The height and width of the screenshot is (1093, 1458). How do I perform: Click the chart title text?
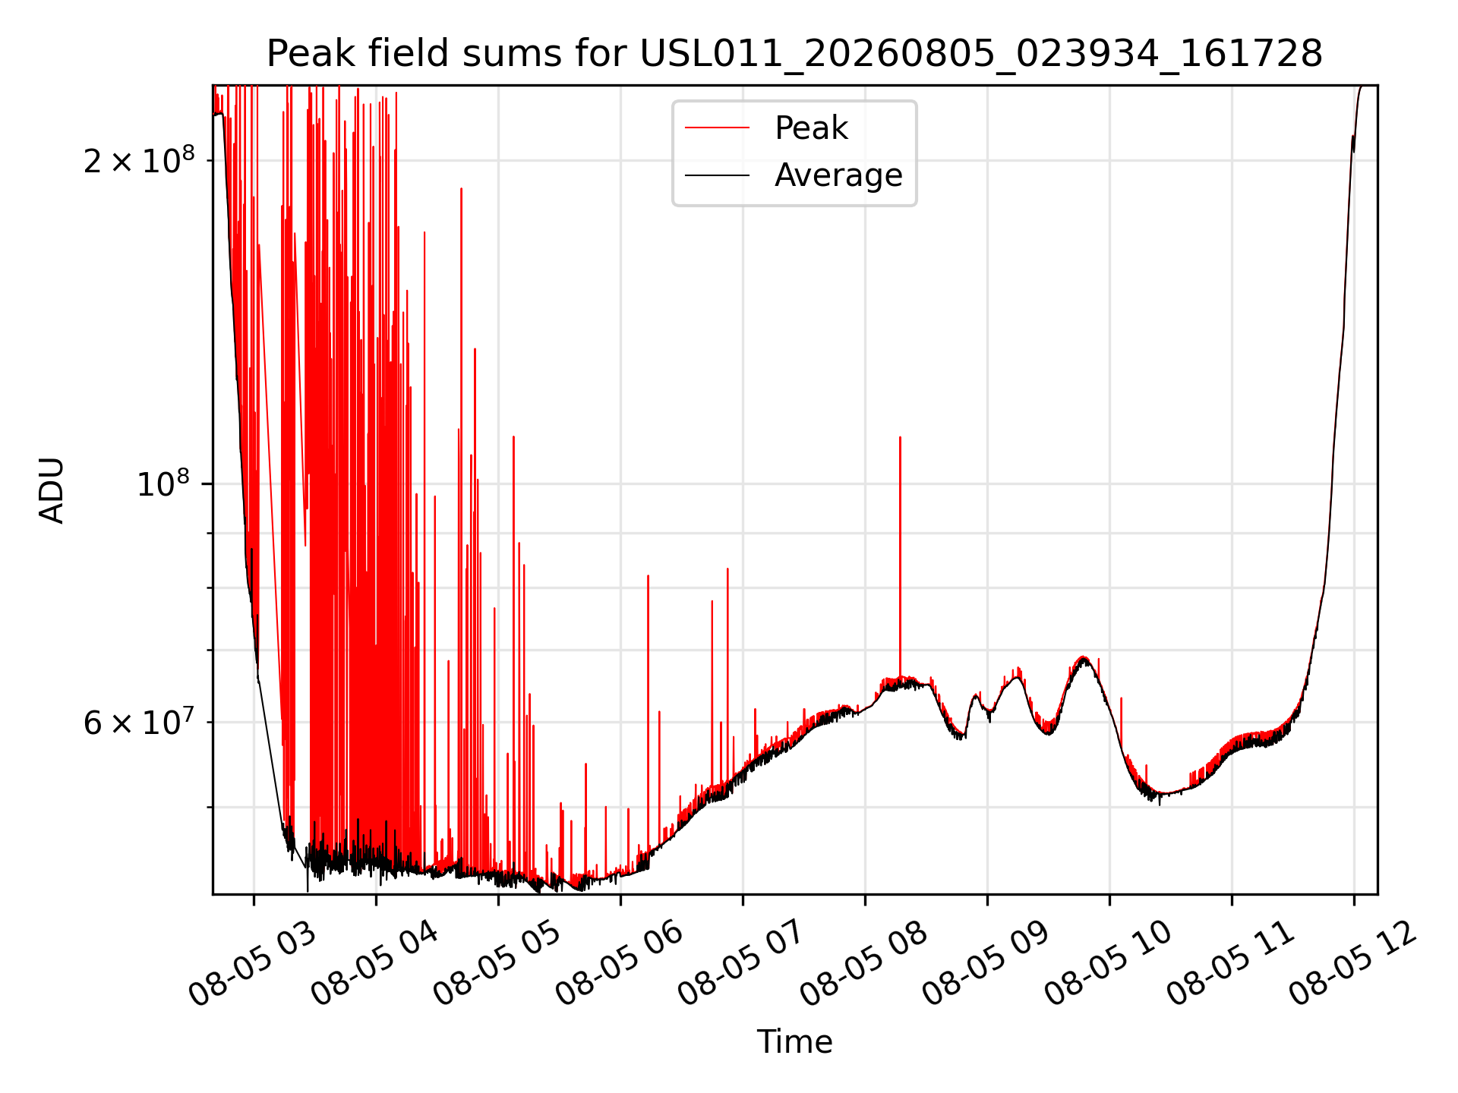click(794, 54)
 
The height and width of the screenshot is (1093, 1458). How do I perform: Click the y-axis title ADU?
click(52, 490)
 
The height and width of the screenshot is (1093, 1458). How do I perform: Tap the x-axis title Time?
click(794, 1042)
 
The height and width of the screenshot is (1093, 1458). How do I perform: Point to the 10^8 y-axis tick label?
click(166, 483)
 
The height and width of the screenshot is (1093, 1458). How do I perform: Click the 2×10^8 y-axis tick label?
click(139, 160)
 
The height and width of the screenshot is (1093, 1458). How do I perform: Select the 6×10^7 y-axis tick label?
click(139, 722)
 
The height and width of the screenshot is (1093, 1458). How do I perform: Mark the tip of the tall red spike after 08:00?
click(900, 437)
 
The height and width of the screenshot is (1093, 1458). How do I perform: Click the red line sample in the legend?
click(717, 128)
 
